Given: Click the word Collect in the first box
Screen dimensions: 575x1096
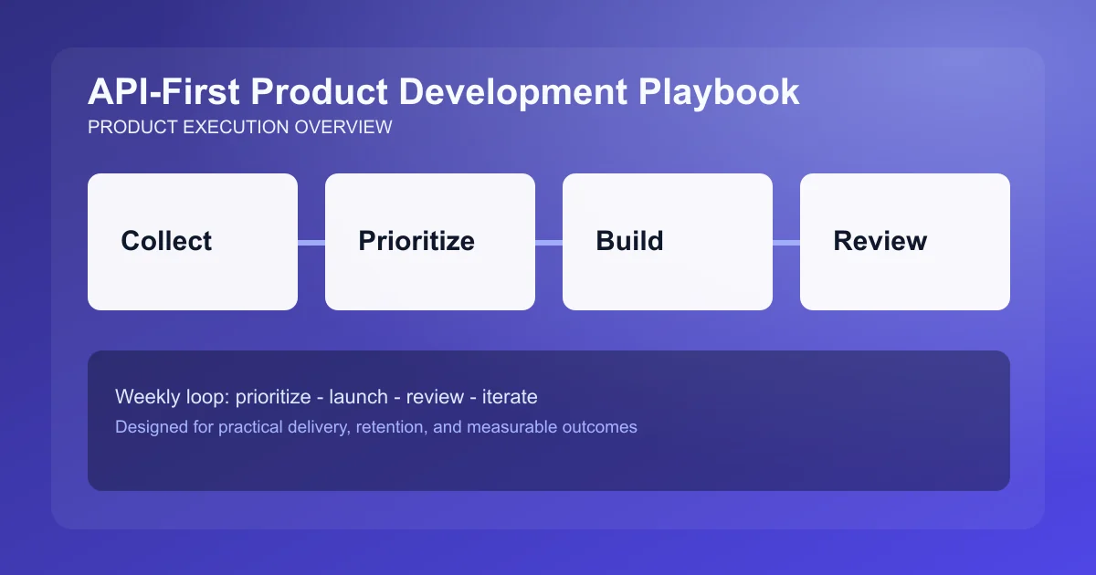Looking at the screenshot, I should tap(166, 241).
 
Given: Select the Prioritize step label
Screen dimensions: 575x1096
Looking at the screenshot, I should tap(416, 241).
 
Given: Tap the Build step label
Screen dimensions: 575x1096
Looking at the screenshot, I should tap(629, 241).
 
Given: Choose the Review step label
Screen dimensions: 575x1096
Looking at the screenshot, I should tap(880, 241).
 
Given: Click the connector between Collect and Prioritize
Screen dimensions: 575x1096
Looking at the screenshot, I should tap(311, 242).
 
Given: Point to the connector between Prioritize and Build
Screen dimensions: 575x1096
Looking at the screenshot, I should tap(549, 242).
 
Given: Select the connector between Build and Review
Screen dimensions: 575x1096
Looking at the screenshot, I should tap(786, 242).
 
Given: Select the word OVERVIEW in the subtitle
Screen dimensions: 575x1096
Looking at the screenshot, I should tap(343, 127).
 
